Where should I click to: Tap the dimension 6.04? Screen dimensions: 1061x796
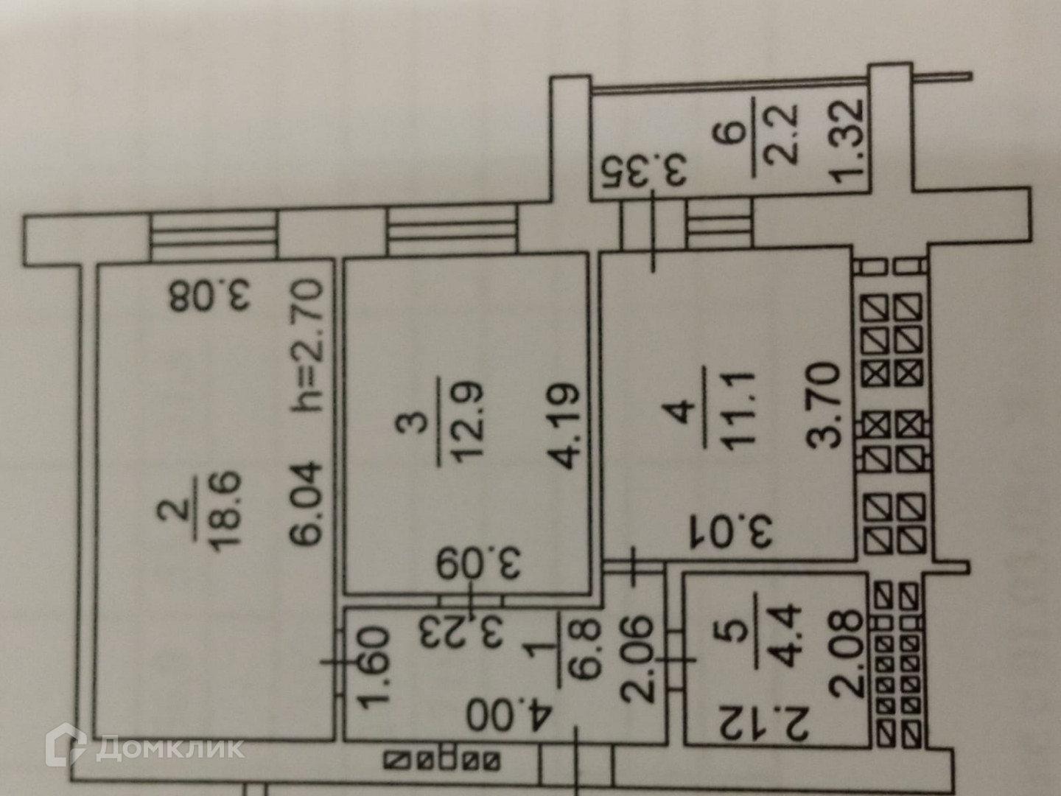pyautogui.click(x=305, y=502)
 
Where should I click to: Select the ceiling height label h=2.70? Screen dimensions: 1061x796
pyautogui.click(x=306, y=344)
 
